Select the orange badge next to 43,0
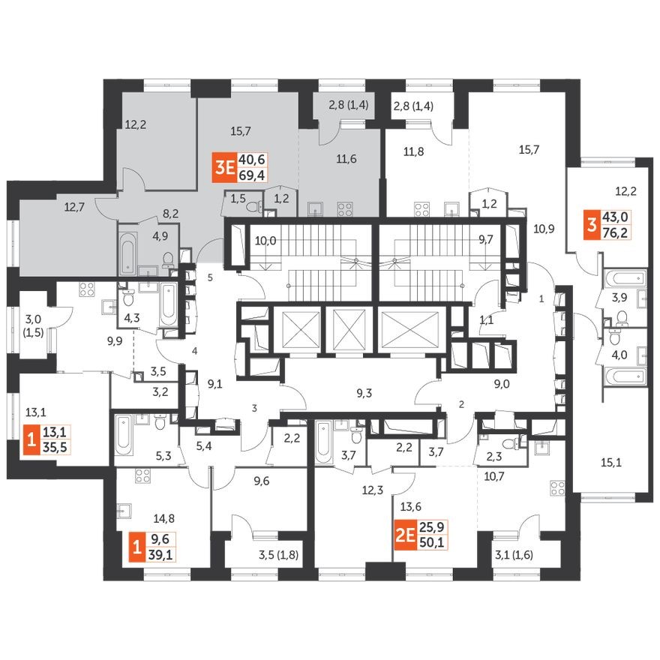tap(592, 223)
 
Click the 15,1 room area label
tap(613, 463)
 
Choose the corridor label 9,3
tap(365, 391)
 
